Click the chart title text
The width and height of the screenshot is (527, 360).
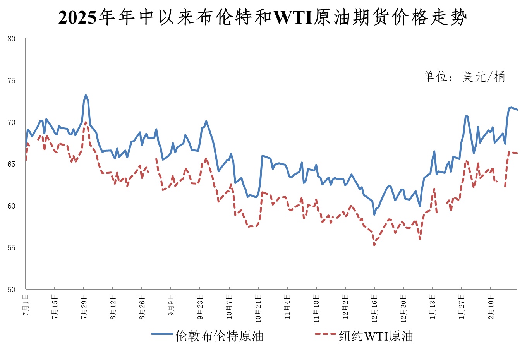(263, 17)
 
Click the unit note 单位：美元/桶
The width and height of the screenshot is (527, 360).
(464, 77)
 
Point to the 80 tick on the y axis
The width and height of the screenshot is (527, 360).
(11, 39)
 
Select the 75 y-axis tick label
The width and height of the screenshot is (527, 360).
(11, 81)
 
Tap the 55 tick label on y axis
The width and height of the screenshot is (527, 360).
(11, 248)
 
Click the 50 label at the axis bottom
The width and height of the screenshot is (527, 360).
(11, 290)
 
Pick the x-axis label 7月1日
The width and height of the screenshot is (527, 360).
(26, 305)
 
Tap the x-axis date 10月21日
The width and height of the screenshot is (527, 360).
(258, 308)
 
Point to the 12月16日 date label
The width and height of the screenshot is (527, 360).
(374, 308)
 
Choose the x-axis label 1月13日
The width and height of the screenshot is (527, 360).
(433, 307)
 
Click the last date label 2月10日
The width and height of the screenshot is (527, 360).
(491, 307)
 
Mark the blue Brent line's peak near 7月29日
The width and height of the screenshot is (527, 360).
(86, 95)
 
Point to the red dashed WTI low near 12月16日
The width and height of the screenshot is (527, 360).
(374, 245)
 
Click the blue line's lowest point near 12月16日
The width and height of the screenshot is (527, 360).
(374, 214)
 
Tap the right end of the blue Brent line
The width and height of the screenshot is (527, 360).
(517, 110)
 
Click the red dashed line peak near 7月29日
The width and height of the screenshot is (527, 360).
(86, 122)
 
